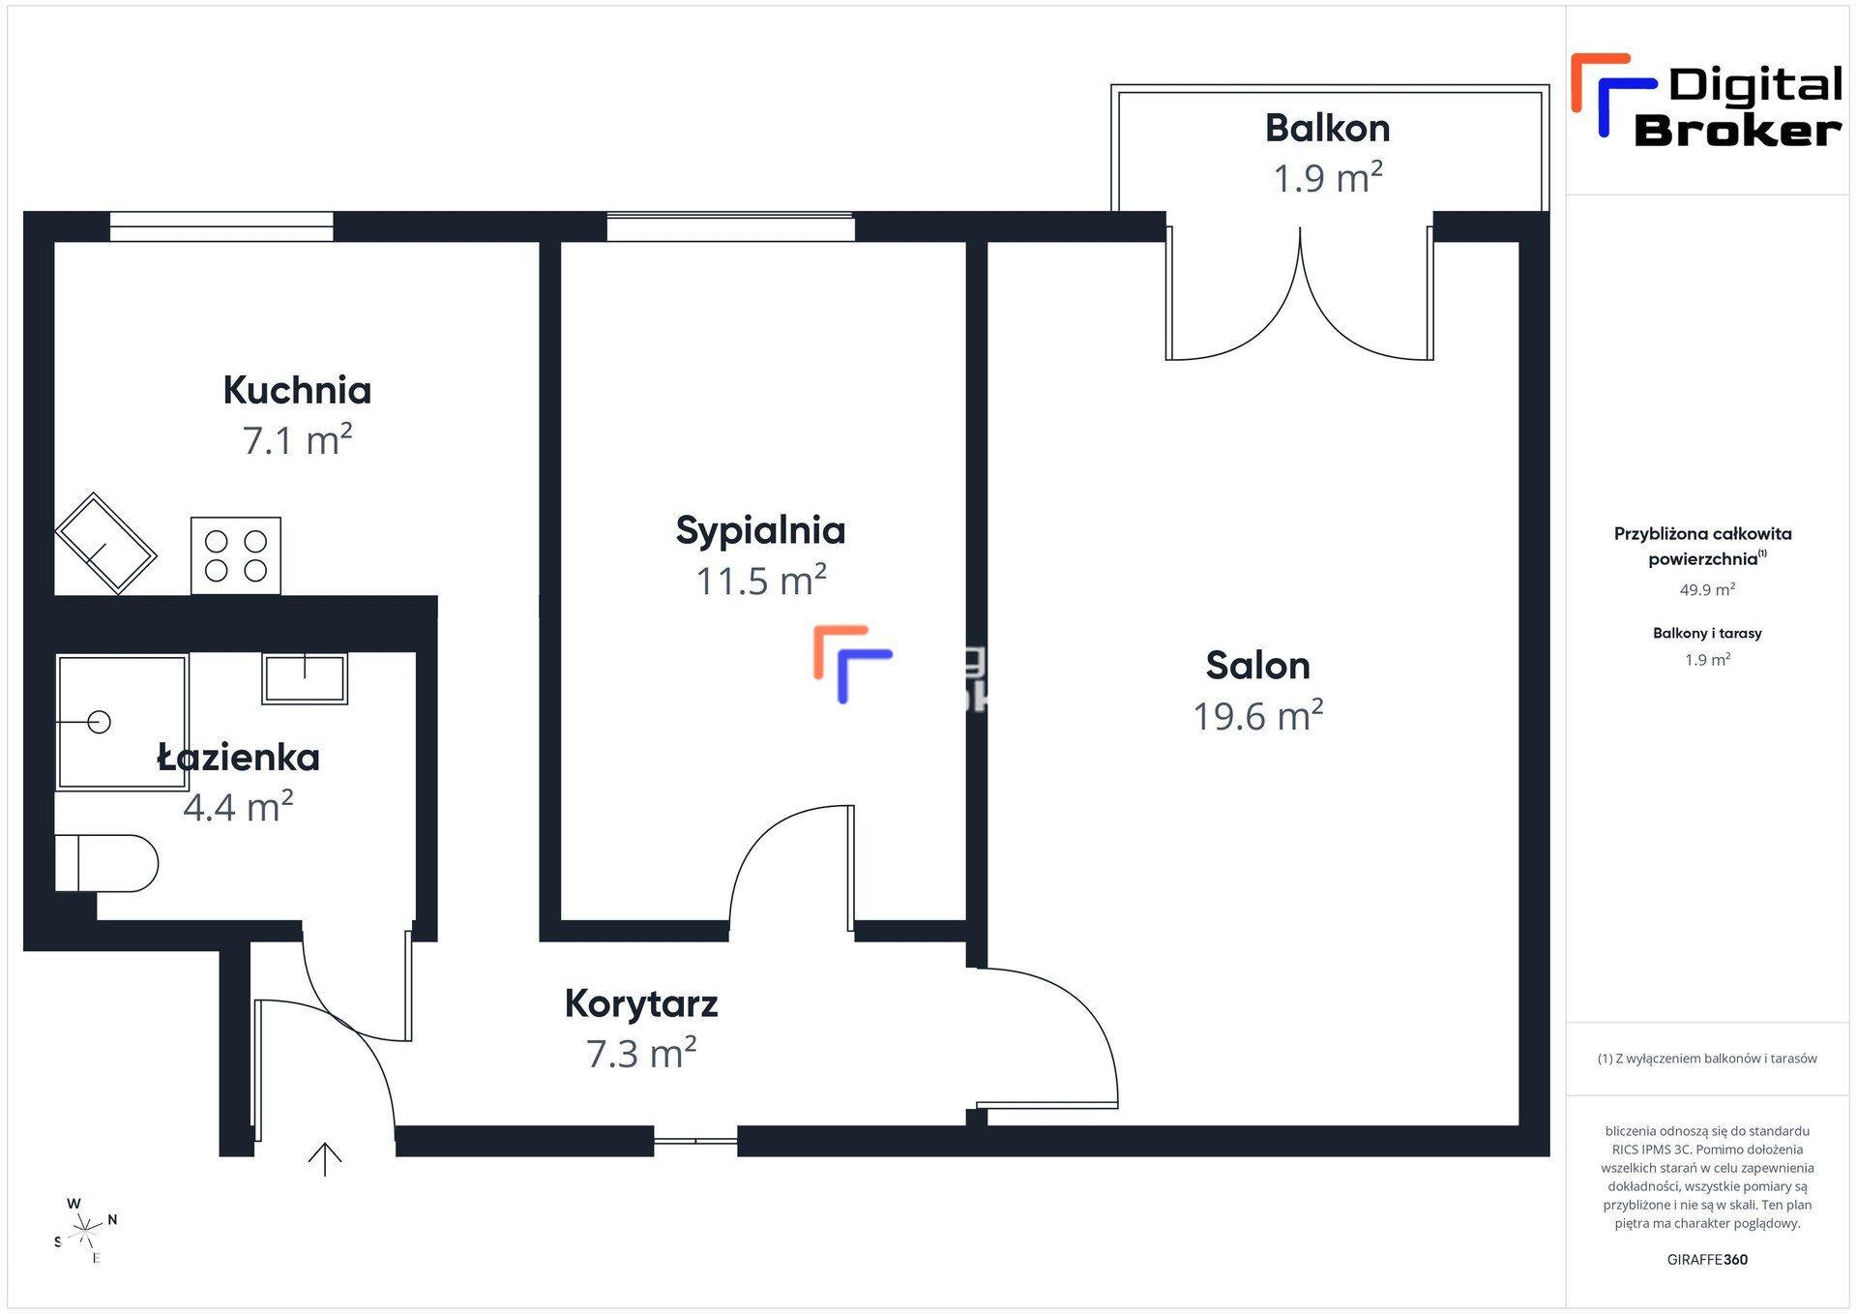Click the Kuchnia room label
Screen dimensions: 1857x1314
(297, 390)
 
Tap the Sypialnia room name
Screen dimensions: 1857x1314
(760, 531)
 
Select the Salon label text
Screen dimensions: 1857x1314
(1257, 666)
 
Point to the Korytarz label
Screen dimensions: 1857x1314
(641, 1004)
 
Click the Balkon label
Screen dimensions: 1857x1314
(1327, 129)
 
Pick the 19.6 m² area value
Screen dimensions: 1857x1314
(1257, 716)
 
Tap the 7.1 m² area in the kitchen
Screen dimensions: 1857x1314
(297, 440)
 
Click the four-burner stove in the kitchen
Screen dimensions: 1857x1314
(236, 555)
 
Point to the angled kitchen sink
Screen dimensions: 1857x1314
(106, 543)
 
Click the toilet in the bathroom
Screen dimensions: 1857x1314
(106, 863)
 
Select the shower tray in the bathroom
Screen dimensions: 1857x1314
(122, 722)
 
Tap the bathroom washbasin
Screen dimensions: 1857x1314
(305, 678)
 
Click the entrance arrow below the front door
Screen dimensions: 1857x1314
(325, 1159)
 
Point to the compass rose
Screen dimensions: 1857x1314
(86, 1231)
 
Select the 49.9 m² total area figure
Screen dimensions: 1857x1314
(1707, 589)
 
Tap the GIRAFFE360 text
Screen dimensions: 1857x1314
(1707, 1260)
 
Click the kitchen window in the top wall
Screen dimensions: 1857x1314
(221, 226)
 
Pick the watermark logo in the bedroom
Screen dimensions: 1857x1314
(853, 665)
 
